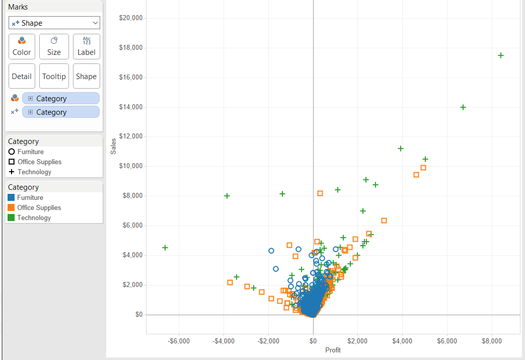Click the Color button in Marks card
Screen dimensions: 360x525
(22, 47)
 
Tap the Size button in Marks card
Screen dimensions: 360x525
(54, 47)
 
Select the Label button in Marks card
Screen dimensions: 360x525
(86, 47)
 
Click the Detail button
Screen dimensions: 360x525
(22, 76)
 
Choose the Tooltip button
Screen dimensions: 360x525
(54, 76)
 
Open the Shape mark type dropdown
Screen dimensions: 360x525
(54, 23)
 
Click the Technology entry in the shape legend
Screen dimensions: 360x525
(34, 172)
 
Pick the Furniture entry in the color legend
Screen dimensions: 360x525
(30, 197)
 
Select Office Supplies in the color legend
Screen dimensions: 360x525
(39, 207)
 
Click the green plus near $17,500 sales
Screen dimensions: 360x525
(501, 55)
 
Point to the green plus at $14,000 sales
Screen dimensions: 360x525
(463, 107)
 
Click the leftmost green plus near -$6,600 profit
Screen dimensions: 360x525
(165, 248)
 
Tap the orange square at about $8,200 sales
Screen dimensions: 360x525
(320, 193)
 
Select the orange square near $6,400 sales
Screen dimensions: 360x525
(384, 221)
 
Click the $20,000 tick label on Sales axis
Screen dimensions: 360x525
(131, 18)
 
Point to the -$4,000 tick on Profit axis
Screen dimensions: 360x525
(223, 341)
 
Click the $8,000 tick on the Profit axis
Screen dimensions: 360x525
(492, 341)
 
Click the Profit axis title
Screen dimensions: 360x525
(333, 350)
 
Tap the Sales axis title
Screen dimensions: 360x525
(113, 146)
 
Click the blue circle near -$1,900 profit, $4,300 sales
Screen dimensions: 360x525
(271, 251)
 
